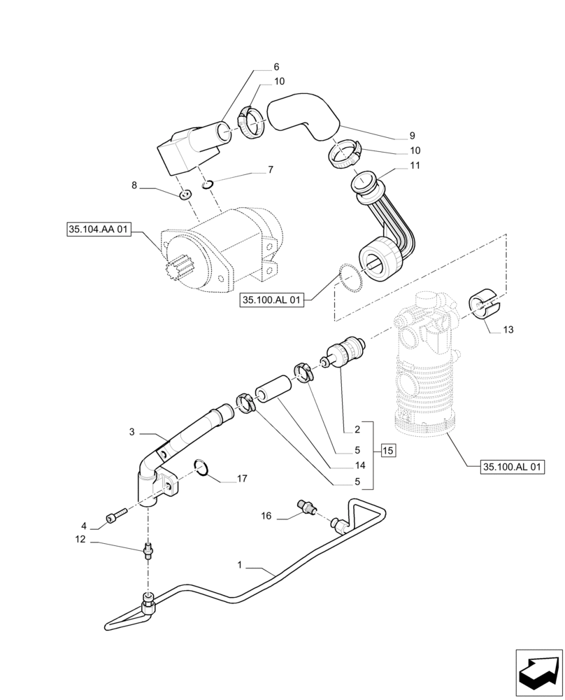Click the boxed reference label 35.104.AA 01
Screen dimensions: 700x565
tap(99, 229)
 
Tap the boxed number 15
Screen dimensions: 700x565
tap(388, 451)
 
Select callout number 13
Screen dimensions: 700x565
tap(508, 329)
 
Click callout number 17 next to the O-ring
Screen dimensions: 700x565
tap(242, 479)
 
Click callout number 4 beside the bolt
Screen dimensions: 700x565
tap(83, 524)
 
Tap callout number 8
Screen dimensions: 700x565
tap(134, 186)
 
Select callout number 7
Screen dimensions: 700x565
tap(269, 169)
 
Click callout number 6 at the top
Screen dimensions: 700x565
tap(276, 66)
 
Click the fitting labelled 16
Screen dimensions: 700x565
tap(306, 505)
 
